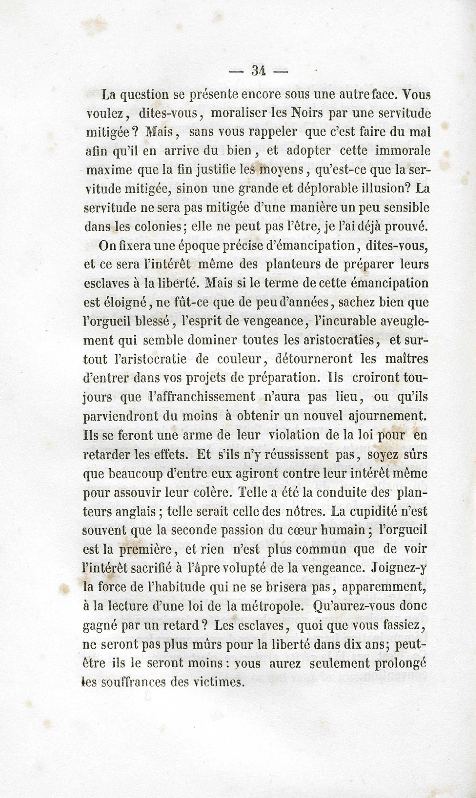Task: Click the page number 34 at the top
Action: click(x=259, y=71)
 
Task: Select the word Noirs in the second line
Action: click(x=307, y=113)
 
